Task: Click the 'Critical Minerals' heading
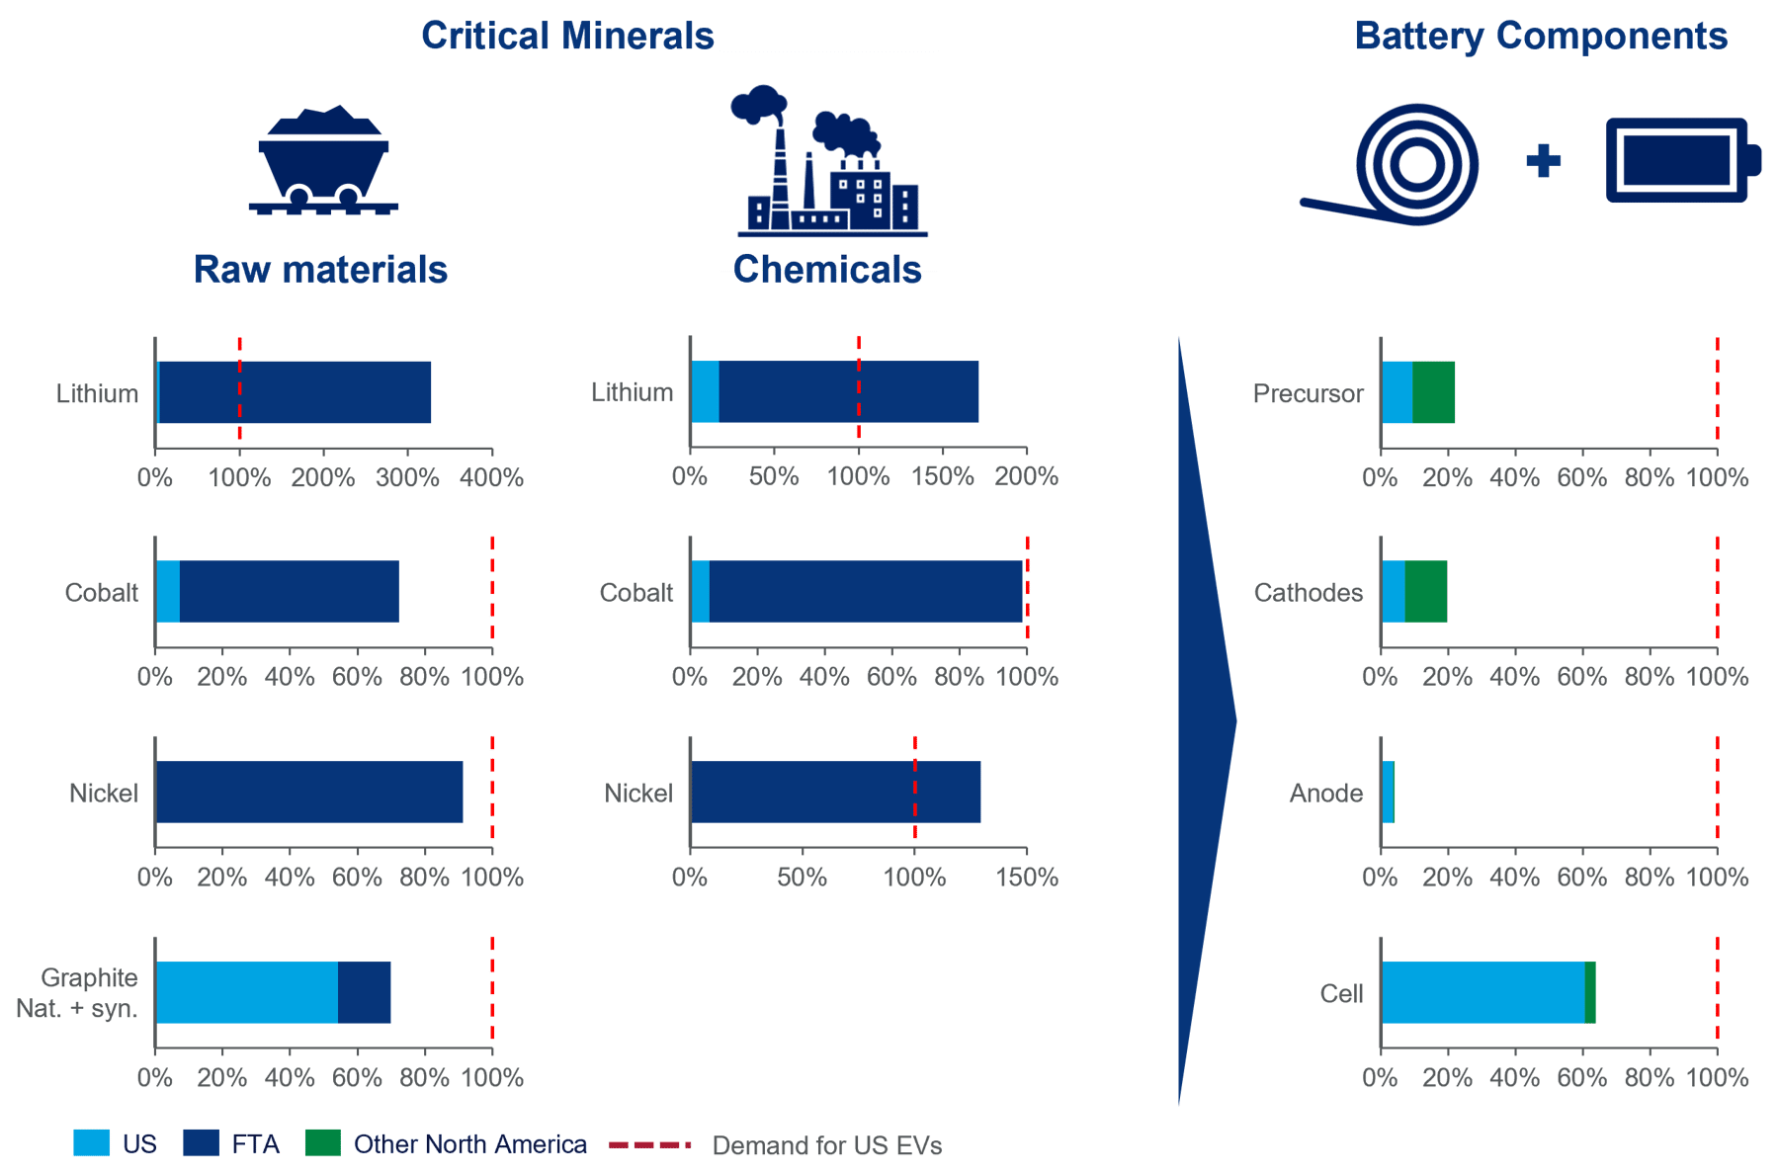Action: pyautogui.click(x=567, y=36)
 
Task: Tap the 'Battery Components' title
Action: pyautogui.click(x=1541, y=36)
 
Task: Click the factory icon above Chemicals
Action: pyautogui.click(x=830, y=161)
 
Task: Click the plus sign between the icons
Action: pyautogui.click(x=1543, y=160)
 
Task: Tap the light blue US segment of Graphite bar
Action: pyautogui.click(x=247, y=992)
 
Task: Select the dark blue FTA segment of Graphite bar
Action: pyautogui.click(x=364, y=992)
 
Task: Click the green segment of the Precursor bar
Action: pyautogui.click(x=1433, y=392)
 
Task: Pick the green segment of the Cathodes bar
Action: pyautogui.click(x=1425, y=592)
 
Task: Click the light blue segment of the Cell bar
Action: pyautogui.click(x=1482, y=992)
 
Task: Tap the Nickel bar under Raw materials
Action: pyautogui.click(x=309, y=792)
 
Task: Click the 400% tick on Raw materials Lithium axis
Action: pyautogui.click(x=492, y=478)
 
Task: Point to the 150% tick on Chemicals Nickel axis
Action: pyautogui.click(x=1027, y=878)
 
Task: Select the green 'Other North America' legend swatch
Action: pyautogui.click(x=323, y=1143)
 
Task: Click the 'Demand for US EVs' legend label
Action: pyautogui.click(x=827, y=1145)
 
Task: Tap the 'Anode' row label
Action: pyautogui.click(x=1326, y=793)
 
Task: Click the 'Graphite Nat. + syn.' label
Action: pyautogui.click(x=77, y=993)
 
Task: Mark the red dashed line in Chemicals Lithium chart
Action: pyautogui.click(x=859, y=387)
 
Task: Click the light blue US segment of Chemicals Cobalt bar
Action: pyautogui.click(x=700, y=592)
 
